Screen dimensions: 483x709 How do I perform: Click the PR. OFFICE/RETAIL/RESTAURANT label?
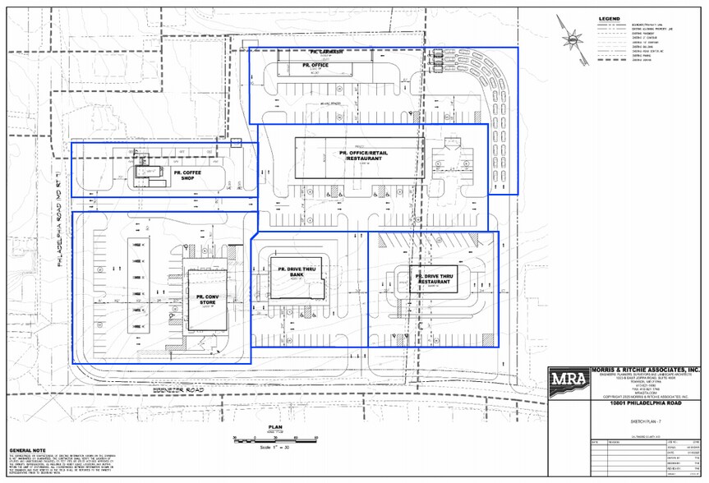pyautogui.click(x=361, y=154)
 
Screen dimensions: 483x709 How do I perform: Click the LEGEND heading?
pyautogui.click(x=609, y=18)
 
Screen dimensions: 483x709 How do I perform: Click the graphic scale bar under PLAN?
pyautogui.click(x=275, y=438)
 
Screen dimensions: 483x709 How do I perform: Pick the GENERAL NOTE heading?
pyautogui.click(x=26, y=451)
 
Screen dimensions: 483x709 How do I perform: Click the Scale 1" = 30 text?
pyautogui.click(x=275, y=445)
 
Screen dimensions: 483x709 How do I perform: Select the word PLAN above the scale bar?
pyautogui.click(x=275, y=427)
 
